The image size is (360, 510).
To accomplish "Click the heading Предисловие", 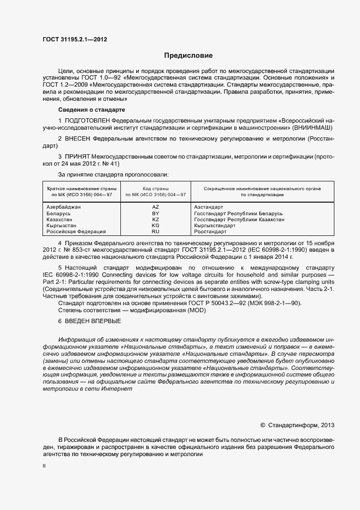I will pos(188,56).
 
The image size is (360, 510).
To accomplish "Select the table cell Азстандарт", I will pos(209,208).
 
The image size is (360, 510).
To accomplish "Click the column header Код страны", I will pos(156,188).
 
